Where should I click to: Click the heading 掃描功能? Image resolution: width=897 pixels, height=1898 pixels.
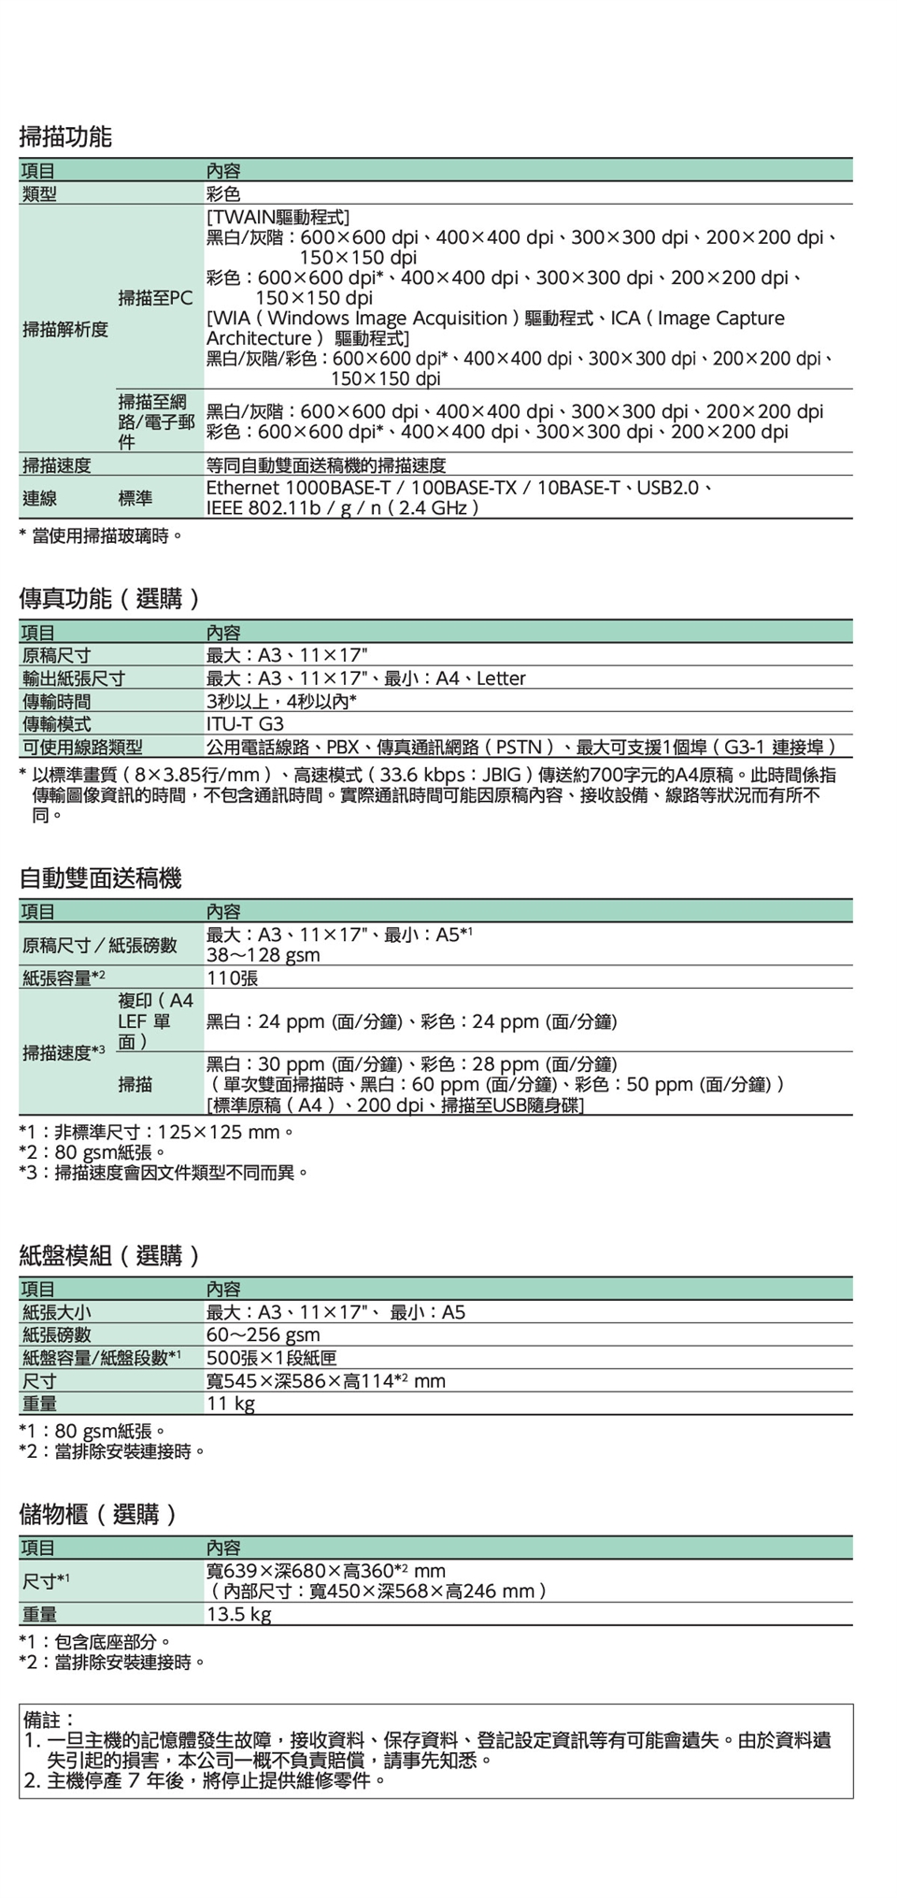coord(65,137)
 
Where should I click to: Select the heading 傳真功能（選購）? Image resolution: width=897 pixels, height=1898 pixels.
coord(110,599)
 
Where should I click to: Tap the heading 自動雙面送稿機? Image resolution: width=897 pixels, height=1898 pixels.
coord(100,878)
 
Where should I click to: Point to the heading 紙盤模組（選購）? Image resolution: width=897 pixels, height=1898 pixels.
coord(110,1255)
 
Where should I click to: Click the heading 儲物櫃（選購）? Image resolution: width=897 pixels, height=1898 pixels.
coord(99,1514)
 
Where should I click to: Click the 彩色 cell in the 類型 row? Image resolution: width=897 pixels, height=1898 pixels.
coord(223,193)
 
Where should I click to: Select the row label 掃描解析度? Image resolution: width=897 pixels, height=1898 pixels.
coord(65,329)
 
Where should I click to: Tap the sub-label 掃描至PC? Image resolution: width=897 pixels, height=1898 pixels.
coord(155,298)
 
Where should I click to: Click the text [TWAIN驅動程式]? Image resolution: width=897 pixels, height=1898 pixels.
coord(278,217)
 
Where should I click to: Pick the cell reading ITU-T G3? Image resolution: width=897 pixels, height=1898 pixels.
coord(245,724)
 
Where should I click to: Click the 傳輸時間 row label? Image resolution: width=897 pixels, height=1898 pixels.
coord(57,702)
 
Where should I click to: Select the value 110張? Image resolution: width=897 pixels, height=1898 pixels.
coord(232,978)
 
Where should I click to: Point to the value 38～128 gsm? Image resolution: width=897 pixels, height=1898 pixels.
coord(263,955)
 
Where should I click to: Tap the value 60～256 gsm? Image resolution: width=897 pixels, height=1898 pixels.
coord(263,1334)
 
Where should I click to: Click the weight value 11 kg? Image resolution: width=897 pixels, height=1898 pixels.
coord(230,1404)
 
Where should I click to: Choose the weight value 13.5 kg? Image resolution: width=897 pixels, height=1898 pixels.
coord(238,1614)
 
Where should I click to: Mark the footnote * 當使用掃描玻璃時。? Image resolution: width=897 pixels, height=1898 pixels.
coord(101,536)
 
